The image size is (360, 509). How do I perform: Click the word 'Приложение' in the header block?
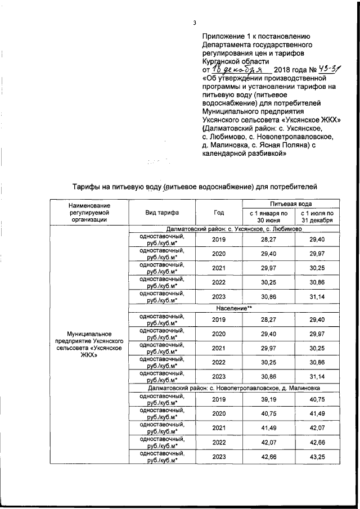coord(224,35)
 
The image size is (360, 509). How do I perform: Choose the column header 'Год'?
coord(219,213)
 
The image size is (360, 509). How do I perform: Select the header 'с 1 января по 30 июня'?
coord(268,217)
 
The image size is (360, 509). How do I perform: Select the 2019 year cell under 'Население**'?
coord(219,319)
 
